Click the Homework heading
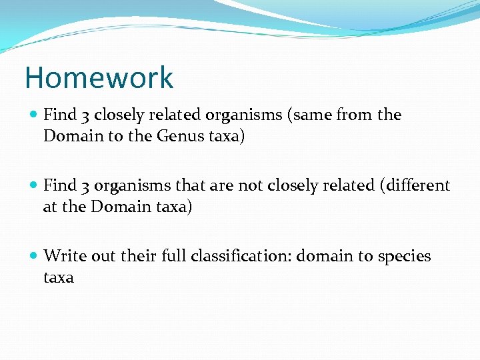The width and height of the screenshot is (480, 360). click(x=99, y=77)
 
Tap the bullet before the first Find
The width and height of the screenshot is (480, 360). click(x=33, y=115)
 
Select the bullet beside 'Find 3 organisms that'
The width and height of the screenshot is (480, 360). click(x=33, y=185)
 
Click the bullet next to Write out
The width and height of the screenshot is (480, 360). click(x=33, y=256)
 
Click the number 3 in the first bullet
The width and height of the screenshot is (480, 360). click(x=86, y=115)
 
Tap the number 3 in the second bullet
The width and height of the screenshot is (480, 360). click(x=86, y=186)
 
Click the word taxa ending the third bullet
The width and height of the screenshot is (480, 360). click(x=59, y=277)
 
